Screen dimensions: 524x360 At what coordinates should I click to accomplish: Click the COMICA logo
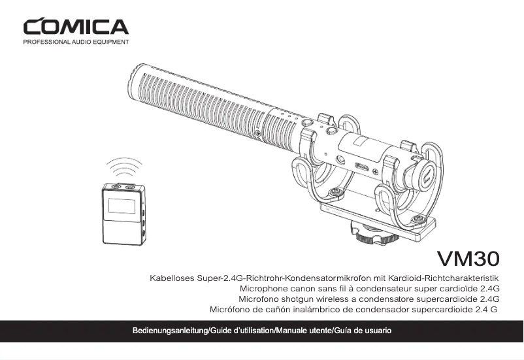(76, 26)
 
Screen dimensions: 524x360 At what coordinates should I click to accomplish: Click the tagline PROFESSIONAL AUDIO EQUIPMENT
(76, 42)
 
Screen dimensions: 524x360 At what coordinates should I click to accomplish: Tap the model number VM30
(468, 259)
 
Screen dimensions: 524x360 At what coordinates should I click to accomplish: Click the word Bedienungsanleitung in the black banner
(171, 331)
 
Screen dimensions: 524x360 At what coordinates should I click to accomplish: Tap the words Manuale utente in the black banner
(303, 331)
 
